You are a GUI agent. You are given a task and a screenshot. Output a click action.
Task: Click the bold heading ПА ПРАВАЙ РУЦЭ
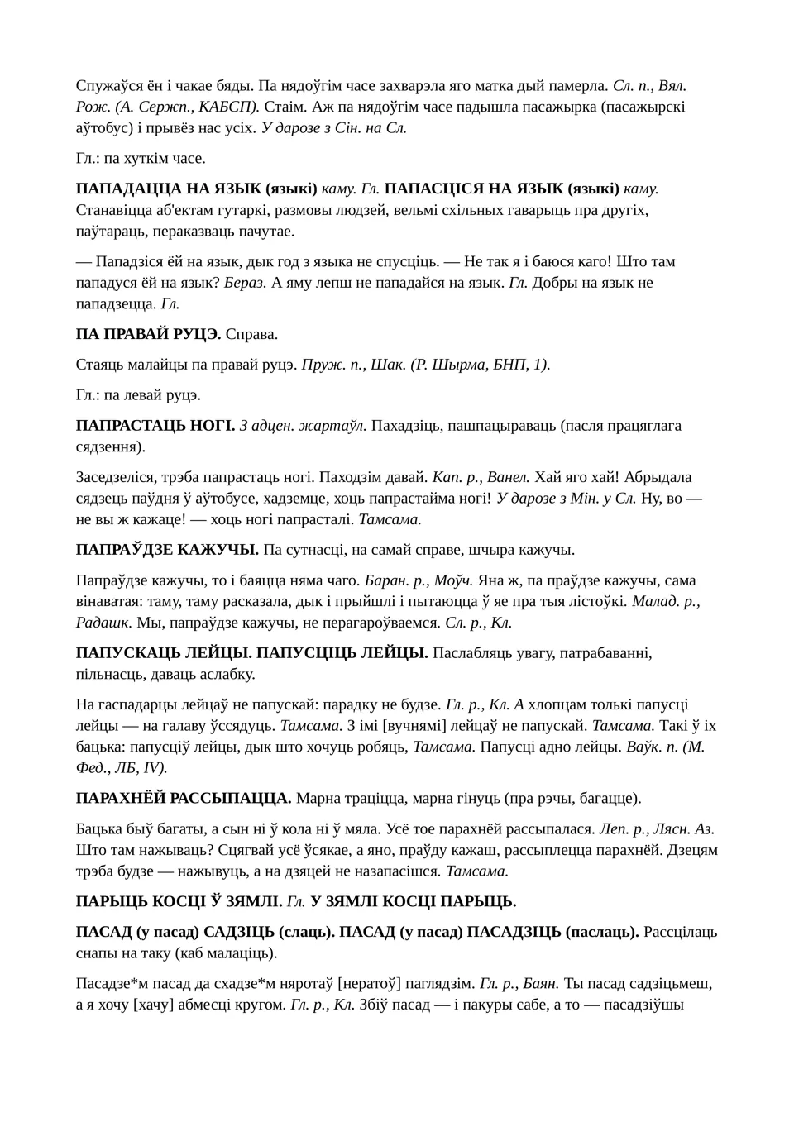pos(148,335)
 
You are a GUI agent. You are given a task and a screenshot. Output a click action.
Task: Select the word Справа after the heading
pos(251,335)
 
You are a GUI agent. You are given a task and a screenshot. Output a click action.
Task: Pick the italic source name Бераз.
pos(245,283)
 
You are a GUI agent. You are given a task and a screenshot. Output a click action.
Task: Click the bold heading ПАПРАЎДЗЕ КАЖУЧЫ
pos(167,550)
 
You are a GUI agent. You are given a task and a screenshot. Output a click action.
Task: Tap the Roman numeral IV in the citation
pos(153,767)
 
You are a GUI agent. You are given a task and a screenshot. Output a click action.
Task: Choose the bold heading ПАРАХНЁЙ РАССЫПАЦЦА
pos(184,798)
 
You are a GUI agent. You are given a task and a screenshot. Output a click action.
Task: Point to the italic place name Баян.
pos(540,983)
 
